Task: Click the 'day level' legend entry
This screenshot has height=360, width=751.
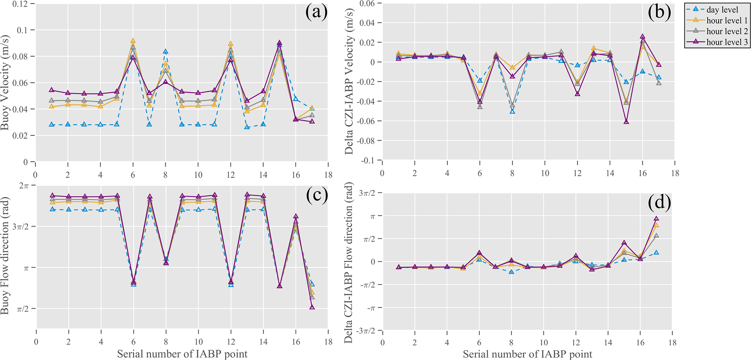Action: pyautogui.click(x=722, y=10)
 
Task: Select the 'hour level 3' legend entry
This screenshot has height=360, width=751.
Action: pyautogui.click(x=727, y=42)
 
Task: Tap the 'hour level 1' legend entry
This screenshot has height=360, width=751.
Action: pyautogui.click(x=727, y=21)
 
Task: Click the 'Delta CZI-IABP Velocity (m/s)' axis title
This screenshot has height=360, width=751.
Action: pyautogui.click(x=349, y=83)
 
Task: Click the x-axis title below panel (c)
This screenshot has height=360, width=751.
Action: pyautogui.click(x=182, y=354)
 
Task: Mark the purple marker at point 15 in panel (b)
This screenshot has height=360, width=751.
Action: pyautogui.click(x=626, y=121)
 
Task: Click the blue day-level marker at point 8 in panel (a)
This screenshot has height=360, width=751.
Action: pyautogui.click(x=165, y=52)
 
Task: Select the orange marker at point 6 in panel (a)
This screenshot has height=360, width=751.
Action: pyautogui.click(x=133, y=41)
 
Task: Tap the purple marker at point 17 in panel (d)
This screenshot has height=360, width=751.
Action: pyautogui.click(x=656, y=219)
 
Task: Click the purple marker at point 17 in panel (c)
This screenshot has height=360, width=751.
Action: pyautogui.click(x=312, y=307)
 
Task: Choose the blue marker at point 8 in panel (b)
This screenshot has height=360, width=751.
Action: pyautogui.click(x=512, y=111)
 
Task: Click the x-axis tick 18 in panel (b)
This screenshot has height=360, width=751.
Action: pyautogui.click(x=675, y=173)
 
